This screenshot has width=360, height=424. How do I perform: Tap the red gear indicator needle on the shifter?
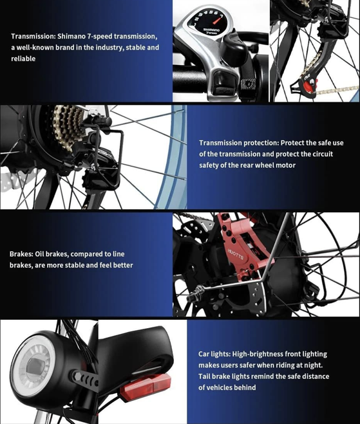[223, 15]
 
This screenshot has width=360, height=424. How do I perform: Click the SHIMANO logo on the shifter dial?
[211, 30]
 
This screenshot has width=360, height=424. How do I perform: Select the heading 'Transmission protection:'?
[238, 142]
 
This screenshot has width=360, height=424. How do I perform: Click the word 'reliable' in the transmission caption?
[23, 59]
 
